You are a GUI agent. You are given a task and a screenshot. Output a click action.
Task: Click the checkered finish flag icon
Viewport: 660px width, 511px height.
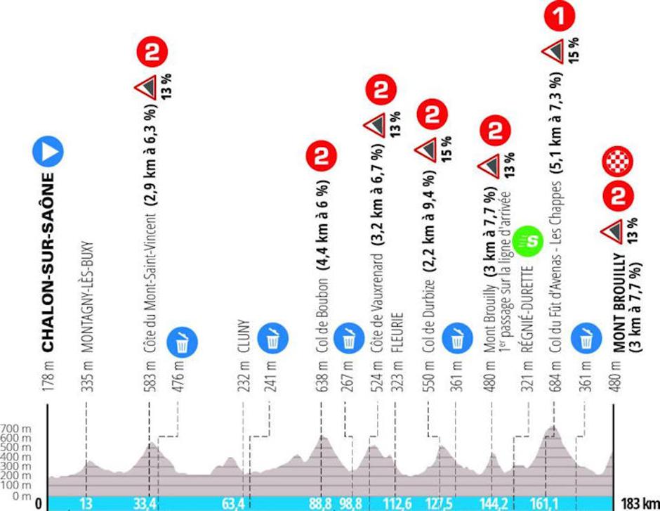coord(618,161)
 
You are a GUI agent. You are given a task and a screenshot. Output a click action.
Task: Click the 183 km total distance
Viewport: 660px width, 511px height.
coord(638,503)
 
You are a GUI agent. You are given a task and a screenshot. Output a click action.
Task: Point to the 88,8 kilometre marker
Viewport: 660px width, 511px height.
coord(321,503)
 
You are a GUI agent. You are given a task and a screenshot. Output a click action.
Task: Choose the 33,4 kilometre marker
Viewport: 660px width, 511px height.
coord(149,503)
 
